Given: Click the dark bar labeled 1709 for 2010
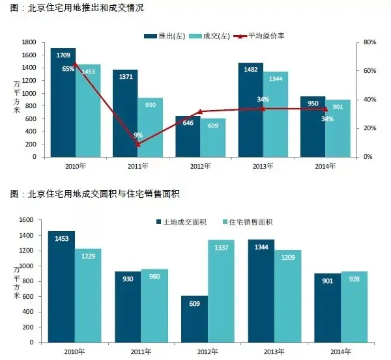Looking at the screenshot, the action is click(63, 102).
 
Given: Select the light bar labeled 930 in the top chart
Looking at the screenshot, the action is click(150, 128).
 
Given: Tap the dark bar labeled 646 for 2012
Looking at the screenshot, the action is click(188, 136).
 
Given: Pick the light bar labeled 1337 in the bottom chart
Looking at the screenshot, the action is click(221, 291).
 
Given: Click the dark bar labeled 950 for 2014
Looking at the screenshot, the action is click(313, 126).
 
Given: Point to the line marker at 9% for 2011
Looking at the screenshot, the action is click(138, 145).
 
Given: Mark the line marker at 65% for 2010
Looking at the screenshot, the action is click(76, 64).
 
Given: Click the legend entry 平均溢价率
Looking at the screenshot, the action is click(259, 36).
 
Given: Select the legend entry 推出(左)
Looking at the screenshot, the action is click(165, 36).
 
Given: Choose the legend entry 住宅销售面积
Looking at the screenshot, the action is click(248, 222).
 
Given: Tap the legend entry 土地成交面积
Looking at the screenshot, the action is click(182, 222).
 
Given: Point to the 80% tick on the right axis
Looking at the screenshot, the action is click(369, 42).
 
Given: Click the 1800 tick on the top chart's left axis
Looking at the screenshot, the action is click(29, 42).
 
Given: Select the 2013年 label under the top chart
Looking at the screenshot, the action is click(263, 166).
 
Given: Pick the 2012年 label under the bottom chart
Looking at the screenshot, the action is click(207, 352).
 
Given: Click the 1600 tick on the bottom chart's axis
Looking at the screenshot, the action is click(26, 220).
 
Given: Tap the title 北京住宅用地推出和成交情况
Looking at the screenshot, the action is click(85, 8).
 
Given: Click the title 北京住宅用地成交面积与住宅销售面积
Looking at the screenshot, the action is click(104, 193).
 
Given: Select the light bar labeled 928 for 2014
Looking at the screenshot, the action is click(354, 307).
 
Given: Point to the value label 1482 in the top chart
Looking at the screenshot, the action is click(251, 70).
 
